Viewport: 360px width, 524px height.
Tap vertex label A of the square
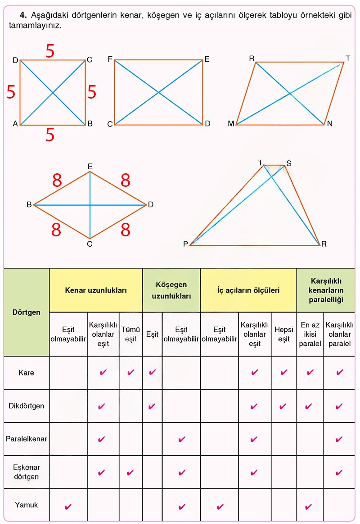15,124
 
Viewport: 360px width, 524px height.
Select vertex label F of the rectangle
110,59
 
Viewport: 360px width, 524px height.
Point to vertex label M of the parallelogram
231,124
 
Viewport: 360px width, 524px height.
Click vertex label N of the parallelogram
329,124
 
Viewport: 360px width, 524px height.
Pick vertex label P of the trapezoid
186,244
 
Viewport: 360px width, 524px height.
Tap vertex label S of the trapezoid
289,163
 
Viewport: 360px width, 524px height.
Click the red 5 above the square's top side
50,51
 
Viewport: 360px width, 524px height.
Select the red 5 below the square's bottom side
50,135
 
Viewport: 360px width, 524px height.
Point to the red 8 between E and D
125,181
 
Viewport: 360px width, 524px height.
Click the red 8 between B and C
56,230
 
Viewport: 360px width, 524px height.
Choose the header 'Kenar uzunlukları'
96,290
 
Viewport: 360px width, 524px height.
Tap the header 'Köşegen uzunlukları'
171,290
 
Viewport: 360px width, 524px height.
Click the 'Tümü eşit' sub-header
130,334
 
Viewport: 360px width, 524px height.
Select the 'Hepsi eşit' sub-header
284,334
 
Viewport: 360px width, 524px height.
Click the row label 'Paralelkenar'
27,439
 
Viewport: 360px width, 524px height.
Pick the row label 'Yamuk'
27,505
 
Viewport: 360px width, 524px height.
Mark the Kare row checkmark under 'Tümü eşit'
130,372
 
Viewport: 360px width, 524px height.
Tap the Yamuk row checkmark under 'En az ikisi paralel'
309,506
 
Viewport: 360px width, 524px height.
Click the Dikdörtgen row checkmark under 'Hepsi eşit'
283,407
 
